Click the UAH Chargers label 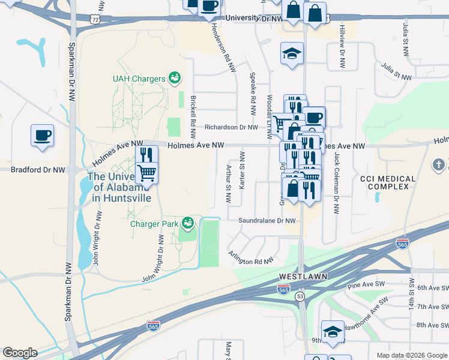click(139, 79)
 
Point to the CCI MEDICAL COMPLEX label click(388, 183)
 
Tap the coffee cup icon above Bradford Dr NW click(42, 135)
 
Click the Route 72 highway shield click(93, 19)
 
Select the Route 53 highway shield click(300, 296)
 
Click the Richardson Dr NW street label click(231, 127)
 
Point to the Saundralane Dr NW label click(267, 221)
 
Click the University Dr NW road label click(255, 19)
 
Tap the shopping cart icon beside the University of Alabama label click(147, 173)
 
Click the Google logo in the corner click(20, 353)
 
